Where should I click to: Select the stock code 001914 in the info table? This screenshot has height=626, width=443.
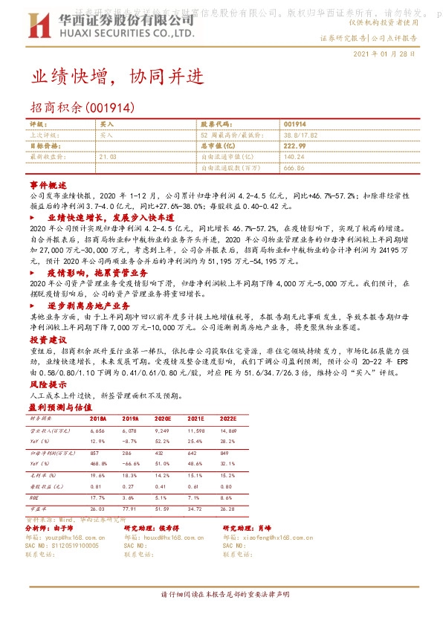[295, 124]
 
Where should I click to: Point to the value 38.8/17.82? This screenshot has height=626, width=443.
[300, 135]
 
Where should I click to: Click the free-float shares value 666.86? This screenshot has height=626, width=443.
[294, 169]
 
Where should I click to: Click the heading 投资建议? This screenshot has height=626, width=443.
[48, 338]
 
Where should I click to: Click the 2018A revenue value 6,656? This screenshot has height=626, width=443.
[97, 430]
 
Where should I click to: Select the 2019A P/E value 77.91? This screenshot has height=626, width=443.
[130, 507]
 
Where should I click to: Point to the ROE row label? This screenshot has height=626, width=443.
[33, 496]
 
